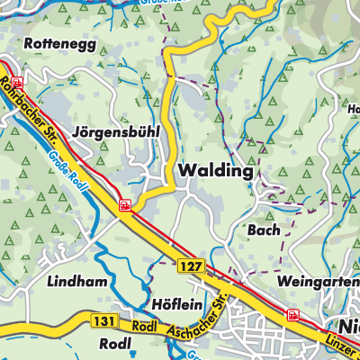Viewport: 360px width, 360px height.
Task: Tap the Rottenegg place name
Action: point(59,42)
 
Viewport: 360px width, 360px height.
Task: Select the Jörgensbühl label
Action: point(117,130)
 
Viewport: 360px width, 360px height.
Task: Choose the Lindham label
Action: point(79,282)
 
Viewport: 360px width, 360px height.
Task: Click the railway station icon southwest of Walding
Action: point(124,205)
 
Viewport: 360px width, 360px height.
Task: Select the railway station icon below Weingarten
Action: point(292,315)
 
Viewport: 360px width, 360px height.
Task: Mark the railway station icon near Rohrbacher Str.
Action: point(3,64)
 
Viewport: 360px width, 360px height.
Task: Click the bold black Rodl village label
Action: point(116,345)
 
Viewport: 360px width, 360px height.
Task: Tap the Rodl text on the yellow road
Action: point(139,326)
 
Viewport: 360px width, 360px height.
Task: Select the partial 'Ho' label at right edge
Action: point(352,110)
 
